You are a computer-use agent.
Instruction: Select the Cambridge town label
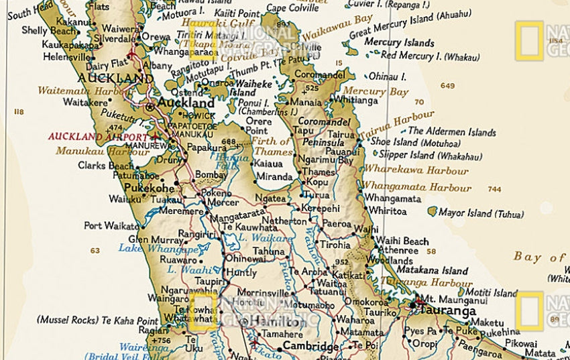coord(310,346)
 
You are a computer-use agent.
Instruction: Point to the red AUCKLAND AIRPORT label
coord(98,135)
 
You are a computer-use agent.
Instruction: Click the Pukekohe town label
coord(150,188)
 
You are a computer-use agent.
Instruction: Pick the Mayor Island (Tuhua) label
coord(481,214)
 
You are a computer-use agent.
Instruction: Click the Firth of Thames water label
coord(272,147)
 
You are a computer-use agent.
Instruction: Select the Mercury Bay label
coord(385,92)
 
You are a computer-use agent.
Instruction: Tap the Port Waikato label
coord(111,226)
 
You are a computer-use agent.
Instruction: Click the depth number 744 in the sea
coord(494,190)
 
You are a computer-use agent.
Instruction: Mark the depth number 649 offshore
coord(448,86)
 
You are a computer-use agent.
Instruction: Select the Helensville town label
coord(66,56)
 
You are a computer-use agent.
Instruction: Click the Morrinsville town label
coord(262,294)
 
